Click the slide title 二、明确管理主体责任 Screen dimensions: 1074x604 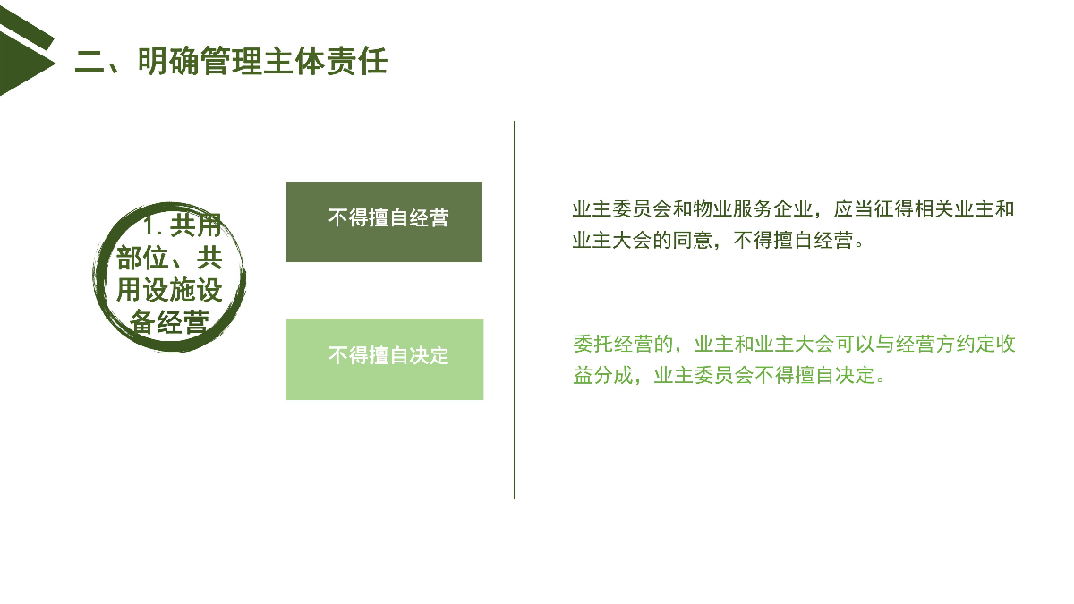pos(231,62)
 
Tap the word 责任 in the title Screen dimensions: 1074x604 pos(357,62)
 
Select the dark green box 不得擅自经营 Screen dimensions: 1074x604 pos(384,222)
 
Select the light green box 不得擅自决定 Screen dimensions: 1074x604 pos(385,360)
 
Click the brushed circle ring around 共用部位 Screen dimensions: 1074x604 pos(98,278)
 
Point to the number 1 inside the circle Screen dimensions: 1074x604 pos(150,225)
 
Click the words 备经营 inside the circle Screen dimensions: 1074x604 pos(170,321)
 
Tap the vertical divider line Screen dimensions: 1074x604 pos(514,310)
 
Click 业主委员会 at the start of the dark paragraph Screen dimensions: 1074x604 pos(622,209)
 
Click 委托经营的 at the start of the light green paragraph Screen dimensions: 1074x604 pos(623,345)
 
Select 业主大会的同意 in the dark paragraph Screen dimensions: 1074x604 pos(643,240)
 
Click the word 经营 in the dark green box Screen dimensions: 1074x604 pos(429,218)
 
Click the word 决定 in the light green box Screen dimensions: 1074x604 pos(429,356)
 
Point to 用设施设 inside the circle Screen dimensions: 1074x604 pos(170,290)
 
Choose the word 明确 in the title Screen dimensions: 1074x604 pos(168,62)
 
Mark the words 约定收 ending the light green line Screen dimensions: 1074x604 pos(985,345)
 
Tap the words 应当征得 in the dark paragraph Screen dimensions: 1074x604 pos(874,209)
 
